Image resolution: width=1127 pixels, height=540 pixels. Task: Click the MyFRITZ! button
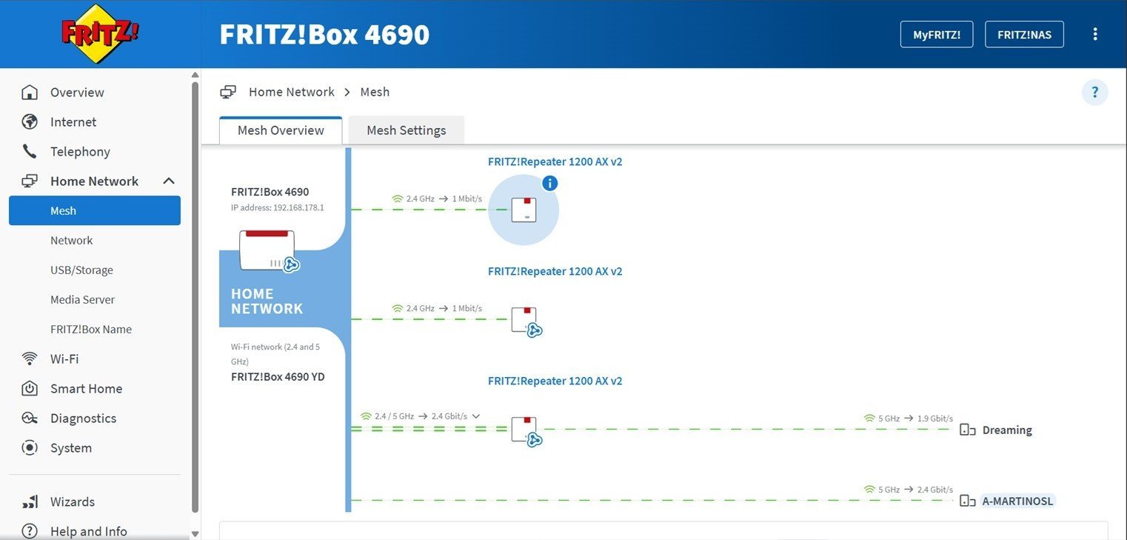936,35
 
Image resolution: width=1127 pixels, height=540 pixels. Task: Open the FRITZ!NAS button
1024,35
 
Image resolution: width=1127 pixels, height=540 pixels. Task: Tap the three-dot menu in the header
1095,34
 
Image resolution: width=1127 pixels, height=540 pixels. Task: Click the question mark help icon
1094,93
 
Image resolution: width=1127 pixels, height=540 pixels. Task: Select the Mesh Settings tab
406,130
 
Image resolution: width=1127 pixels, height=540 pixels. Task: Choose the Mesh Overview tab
281,130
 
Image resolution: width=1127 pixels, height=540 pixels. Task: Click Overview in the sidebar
77,93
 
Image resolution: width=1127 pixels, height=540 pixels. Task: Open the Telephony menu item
80,152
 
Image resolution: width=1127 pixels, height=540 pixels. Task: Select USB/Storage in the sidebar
81,270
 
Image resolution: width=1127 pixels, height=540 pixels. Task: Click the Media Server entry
82,300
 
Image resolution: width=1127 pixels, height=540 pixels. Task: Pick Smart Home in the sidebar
86,389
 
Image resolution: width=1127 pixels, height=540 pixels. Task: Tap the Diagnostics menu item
83,419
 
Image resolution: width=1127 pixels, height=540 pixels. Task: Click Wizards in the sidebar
73,502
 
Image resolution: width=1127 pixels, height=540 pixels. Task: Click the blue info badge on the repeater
549,183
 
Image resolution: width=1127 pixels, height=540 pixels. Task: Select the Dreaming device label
1006,430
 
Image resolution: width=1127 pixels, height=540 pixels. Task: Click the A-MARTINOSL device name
1017,501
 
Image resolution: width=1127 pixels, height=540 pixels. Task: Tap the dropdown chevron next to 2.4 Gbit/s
476,416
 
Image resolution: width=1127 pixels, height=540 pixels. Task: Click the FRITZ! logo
100,33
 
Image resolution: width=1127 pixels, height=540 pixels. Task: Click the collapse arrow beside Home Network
169,181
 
